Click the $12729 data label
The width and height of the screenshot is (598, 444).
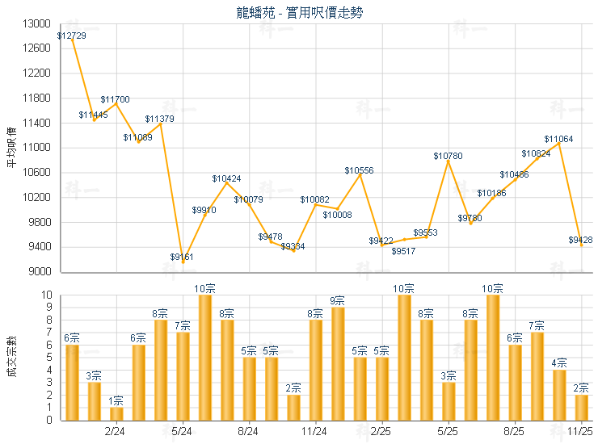tap(72, 36)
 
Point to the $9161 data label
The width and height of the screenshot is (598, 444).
tap(182, 257)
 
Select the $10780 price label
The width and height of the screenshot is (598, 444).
tap(448, 155)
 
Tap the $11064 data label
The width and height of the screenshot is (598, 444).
tap(558, 139)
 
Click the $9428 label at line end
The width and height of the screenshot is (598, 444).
tap(580, 240)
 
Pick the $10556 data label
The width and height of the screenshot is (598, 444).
tap(359, 170)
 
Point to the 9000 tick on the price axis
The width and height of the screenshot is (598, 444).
tap(41, 272)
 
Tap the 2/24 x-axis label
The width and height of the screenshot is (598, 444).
tap(116, 432)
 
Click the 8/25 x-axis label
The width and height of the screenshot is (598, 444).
tap(515, 432)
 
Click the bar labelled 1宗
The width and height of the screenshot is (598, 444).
tap(116, 413)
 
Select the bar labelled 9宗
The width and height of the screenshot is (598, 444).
tap(338, 363)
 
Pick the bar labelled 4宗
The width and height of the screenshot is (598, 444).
tap(559, 395)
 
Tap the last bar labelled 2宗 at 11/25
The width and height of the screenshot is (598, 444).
tap(581, 407)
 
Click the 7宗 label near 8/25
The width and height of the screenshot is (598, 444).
tap(537, 325)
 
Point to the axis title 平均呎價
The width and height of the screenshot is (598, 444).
tap(11, 148)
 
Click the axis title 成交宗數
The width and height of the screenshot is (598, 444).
tap(11, 357)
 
